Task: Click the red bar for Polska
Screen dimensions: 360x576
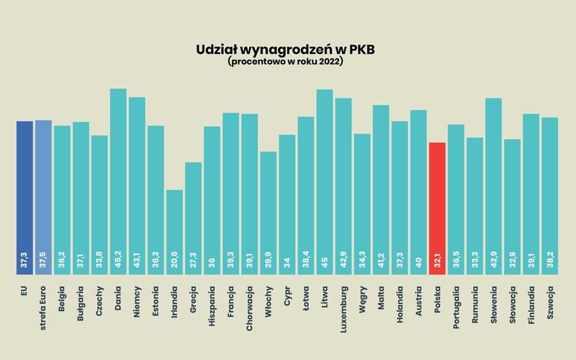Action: click(437, 209)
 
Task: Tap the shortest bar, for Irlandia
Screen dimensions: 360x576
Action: click(174, 230)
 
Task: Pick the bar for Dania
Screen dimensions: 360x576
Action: click(118, 180)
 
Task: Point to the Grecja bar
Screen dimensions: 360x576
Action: click(193, 216)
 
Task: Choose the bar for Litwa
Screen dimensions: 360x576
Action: click(325, 180)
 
